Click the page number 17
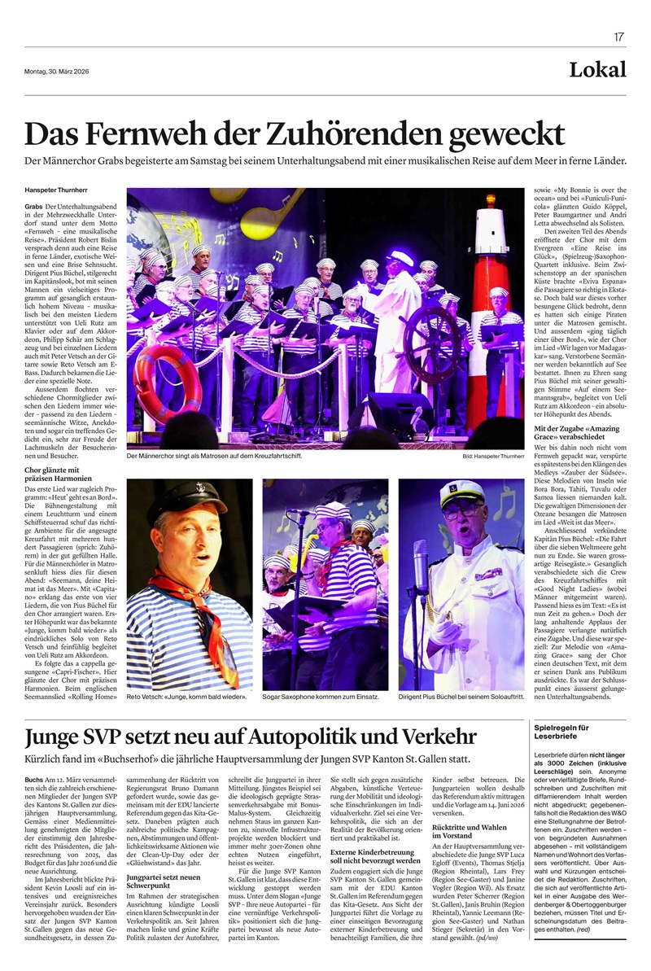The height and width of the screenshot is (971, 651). point(619,37)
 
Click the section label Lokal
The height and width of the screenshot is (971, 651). point(598,69)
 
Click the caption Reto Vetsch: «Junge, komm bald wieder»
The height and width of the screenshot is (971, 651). point(176,698)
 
